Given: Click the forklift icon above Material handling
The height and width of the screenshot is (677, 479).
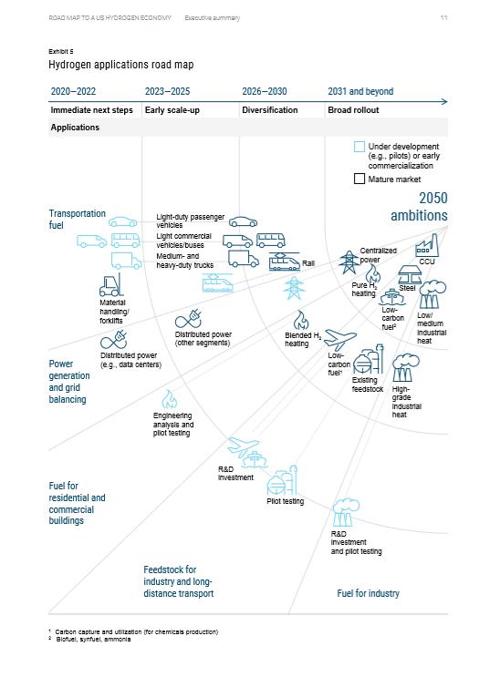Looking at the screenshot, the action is [x=111, y=284].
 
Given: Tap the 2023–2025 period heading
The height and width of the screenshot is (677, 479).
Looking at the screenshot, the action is [x=167, y=91].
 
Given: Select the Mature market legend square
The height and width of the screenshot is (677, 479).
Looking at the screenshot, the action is [x=359, y=179].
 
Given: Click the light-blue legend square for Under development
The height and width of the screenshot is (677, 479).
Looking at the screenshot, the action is [x=359, y=147].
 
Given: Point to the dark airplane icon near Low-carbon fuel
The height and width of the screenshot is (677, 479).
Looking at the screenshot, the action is [x=340, y=340].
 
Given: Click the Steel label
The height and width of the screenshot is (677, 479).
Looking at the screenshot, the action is [x=407, y=288].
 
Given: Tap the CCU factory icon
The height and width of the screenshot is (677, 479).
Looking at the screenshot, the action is [x=427, y=246].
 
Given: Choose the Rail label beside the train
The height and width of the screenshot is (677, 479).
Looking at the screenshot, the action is [x=308, y=263].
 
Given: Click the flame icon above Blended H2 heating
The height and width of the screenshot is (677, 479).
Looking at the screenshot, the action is [x=301, y=321].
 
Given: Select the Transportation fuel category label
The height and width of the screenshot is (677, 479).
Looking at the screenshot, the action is [x=77, y=219].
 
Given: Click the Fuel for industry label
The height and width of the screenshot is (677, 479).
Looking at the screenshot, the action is [x=369, y=593].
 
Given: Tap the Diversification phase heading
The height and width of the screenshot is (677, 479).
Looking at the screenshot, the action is [x=270, y=110].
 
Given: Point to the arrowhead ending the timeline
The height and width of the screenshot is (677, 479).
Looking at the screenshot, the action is [x=445, y=101].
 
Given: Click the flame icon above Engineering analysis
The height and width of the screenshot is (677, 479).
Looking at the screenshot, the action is [x=169, y=399].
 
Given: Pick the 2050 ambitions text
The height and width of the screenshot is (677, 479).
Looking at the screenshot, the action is [x=419, y=207].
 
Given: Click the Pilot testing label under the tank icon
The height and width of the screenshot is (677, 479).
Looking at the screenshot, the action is [x=286, y=501].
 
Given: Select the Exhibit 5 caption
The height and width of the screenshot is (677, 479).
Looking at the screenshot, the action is [x=61, y=51].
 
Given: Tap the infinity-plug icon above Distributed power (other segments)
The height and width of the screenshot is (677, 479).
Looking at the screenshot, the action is [x=189, y=319].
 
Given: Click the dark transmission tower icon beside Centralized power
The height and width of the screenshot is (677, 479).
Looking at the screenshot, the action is [x=348, y=262].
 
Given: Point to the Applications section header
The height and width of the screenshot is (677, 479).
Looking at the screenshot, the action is [x=75, y=128].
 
